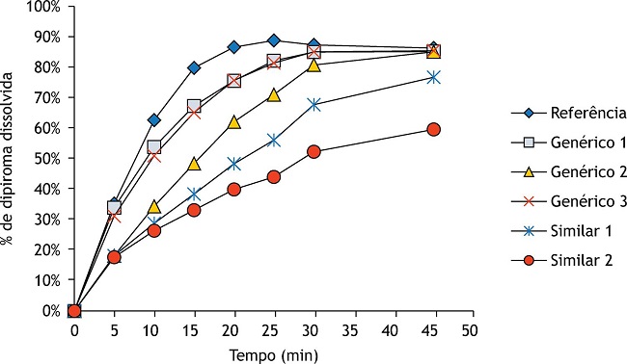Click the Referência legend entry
click(568, 114)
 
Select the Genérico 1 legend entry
click(568, 143)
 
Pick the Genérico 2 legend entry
click(568, 172)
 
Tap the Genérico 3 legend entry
click(568, 201)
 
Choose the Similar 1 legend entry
click(561, 231)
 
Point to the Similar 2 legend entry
click(561, 261)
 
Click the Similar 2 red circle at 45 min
click(433, 129)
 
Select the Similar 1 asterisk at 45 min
click(433, 77)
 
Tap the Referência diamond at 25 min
click(274, 40)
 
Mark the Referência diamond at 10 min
click(154, 120)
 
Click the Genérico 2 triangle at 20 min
click(234, 122)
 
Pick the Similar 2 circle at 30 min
click(313, 152)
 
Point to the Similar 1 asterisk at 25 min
click(274, 140)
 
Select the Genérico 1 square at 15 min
click(194, 106)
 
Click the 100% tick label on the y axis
click(43, 7)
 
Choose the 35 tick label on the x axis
click(355, 330)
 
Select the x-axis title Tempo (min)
click(274, 354)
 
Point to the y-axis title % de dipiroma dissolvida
click(7, 159)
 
